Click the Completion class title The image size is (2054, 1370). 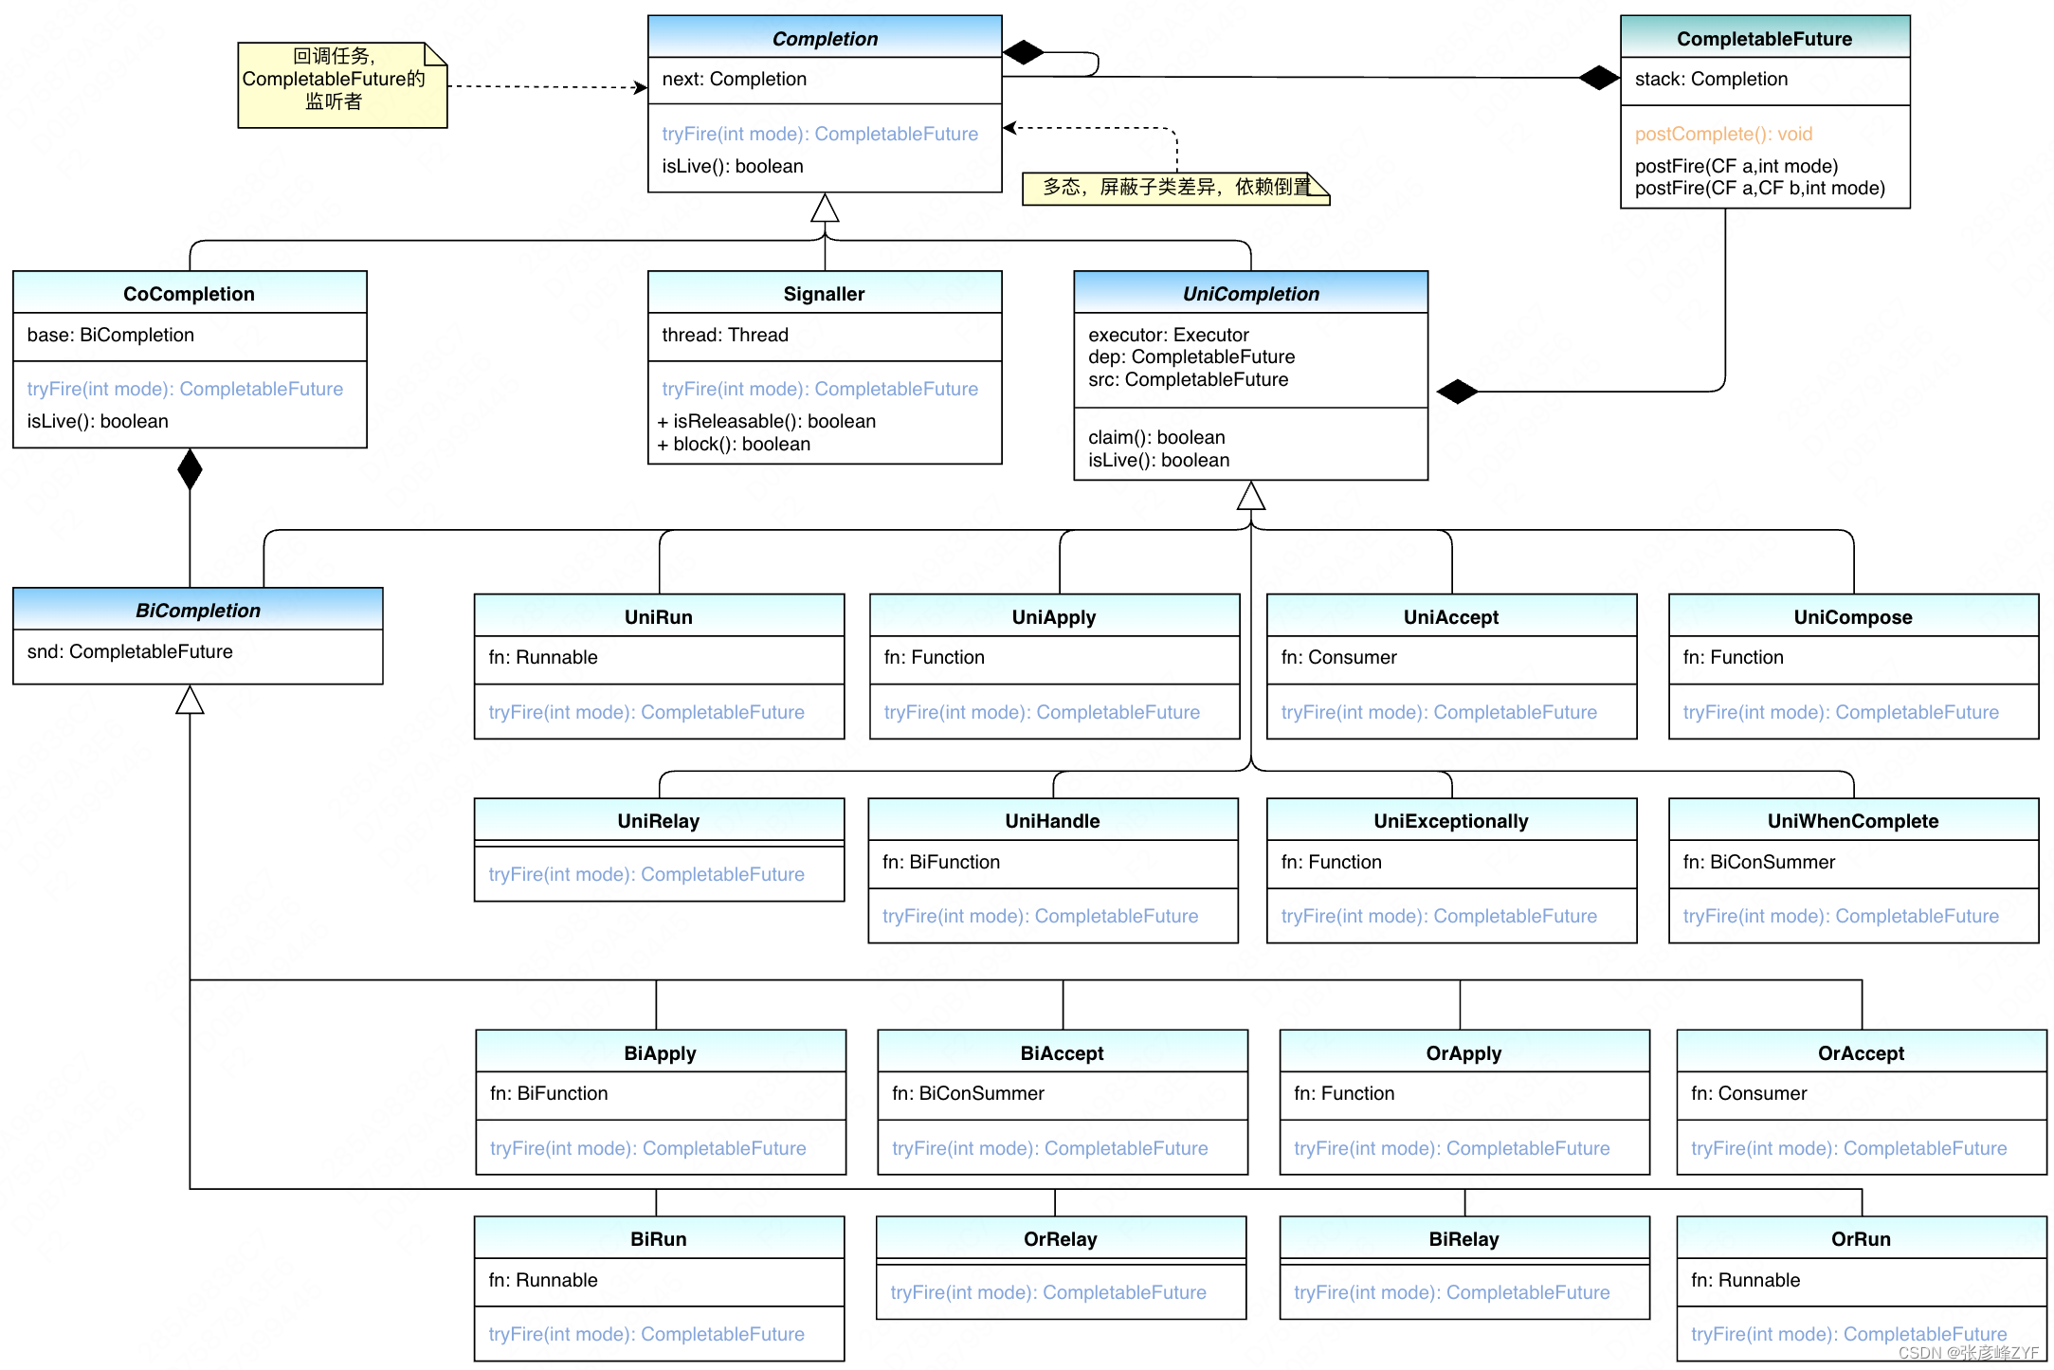824,39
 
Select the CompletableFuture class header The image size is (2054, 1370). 1763,39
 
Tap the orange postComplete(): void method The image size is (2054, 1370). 1722,134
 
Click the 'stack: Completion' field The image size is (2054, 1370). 1710,79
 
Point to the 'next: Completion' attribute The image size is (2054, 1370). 734,79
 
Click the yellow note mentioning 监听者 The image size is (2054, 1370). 340,84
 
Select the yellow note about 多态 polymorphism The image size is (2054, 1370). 1173,188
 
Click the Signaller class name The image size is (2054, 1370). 823,294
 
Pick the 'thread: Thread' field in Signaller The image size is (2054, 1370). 724,335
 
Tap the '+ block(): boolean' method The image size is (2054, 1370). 734,444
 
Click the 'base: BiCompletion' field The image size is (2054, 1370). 110,335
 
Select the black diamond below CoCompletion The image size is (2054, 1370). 190,469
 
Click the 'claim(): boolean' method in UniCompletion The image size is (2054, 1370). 1155,437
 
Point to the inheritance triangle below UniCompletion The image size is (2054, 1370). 1250,495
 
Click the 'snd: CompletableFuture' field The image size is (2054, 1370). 130,651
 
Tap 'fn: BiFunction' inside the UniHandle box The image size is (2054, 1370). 940,862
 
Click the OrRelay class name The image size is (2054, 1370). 1059,1239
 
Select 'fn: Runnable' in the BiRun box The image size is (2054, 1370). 542,1280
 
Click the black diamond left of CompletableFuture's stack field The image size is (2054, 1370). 1598,78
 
